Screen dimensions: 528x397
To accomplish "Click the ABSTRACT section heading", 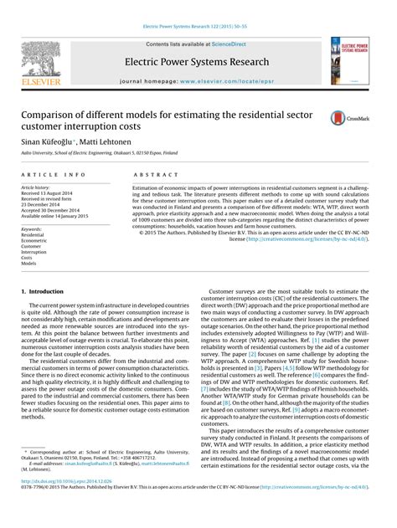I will (x=150, y=174).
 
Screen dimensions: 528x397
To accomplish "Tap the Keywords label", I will (x=34, y=228).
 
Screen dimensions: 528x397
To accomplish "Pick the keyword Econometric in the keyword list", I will (x=37, y=241).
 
